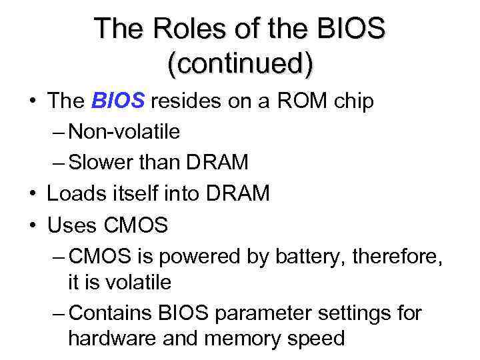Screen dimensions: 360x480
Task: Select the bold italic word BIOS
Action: pos(117,101)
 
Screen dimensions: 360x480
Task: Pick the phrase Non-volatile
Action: pos(124,131)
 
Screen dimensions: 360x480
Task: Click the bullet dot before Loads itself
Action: pos(33,194)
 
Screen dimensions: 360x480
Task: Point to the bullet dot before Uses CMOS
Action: pos(33,225)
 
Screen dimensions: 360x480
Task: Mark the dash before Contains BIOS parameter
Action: pos(58,313)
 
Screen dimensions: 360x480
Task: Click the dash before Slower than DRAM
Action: pos(58,163)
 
